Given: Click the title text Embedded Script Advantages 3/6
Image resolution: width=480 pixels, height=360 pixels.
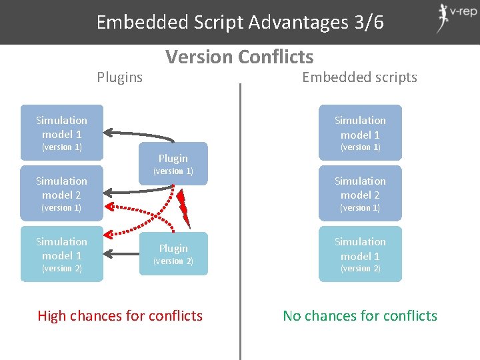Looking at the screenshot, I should [x=240, y=22].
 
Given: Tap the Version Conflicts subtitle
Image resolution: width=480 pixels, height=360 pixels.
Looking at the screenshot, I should [x=240, y=57].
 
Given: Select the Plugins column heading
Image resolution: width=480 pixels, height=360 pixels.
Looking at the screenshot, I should [x=120, y=77].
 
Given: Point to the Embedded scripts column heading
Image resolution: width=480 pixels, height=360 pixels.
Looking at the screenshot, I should [x=359, y=77].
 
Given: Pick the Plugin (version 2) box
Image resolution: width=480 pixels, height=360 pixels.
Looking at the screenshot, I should [x=173, y=254].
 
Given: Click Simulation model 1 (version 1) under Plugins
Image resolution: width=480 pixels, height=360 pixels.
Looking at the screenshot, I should [x=62, y=132].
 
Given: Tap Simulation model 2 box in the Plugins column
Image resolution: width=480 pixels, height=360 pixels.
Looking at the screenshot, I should [x=62, y=193].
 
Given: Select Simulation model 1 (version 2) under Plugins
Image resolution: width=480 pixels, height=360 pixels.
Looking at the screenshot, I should [x=62, y=254].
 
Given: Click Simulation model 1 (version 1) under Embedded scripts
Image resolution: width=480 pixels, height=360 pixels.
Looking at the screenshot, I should [x=360, y=132].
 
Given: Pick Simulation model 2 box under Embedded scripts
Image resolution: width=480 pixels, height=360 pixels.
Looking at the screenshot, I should [x=360, y=193].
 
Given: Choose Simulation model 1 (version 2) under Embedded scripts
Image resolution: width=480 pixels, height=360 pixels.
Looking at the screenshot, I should [x=360, y=254].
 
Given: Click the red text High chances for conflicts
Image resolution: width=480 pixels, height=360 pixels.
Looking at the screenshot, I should [x=120, y=316].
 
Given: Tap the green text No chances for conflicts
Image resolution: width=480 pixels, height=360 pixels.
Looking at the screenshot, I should [x=360, y=316].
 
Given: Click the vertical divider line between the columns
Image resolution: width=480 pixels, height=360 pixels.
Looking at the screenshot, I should [x=240, y=220].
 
